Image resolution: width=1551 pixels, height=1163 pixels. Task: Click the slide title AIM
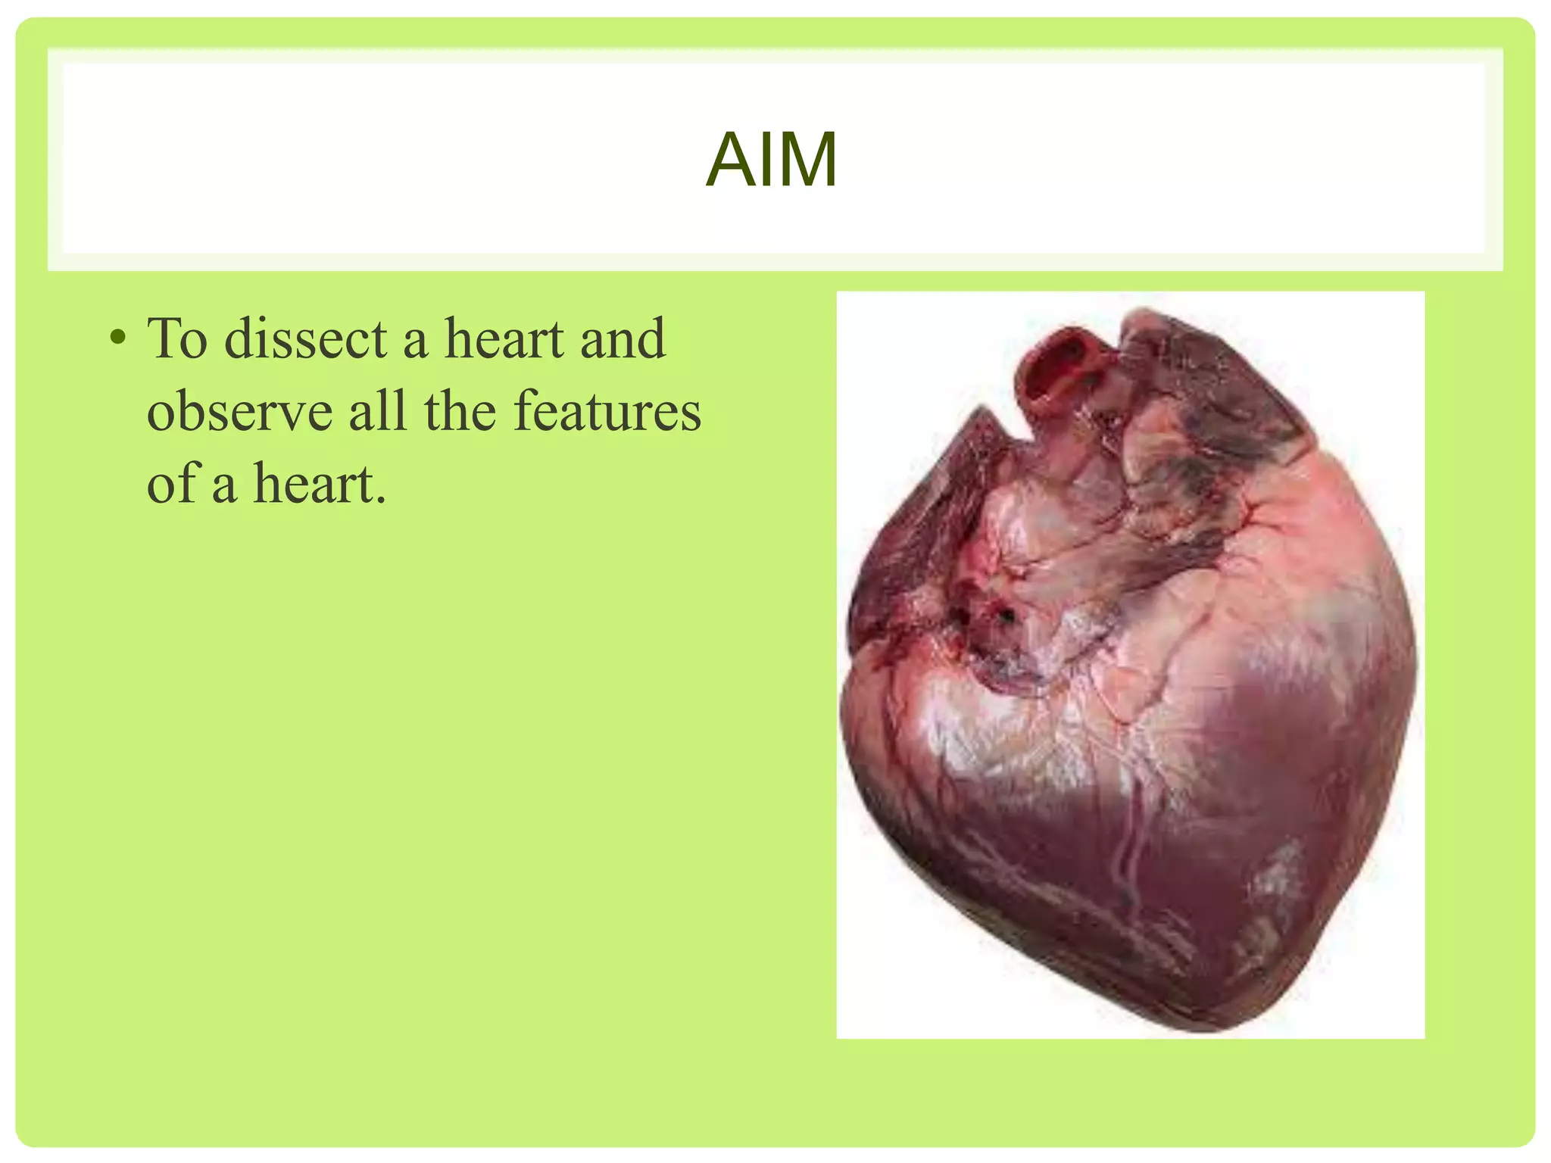click(x=771, y=160)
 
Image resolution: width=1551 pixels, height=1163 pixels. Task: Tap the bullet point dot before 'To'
click(x=117, y=338)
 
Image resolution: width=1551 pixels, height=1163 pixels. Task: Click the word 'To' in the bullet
click(x=177, y=338)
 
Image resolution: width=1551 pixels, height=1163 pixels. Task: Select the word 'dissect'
click(x=305, y=338)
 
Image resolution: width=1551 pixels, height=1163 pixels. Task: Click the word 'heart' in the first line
click(x=504, y=338)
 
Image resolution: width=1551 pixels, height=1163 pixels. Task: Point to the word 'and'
click(x=623, y=338)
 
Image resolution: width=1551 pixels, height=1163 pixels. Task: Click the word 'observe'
click(x=239, y=412)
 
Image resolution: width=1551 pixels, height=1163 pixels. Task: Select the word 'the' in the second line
click(x=460, y=410)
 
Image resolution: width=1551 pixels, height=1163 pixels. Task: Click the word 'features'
click(x=607, y=410)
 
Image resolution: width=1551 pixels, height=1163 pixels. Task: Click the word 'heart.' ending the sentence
click(x=319, y=483)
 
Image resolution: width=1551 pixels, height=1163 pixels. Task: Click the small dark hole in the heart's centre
click(x=1007, y=613)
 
